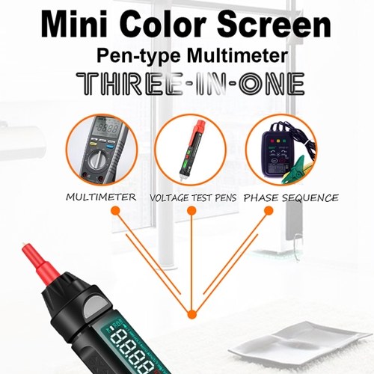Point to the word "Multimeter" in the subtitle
click(238, 55)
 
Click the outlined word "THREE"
click(129, 84)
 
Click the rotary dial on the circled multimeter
click(99, 159)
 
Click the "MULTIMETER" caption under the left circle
click(101, 197)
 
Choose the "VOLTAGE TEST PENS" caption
click(193, 198)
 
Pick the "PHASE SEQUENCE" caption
click(291, 198)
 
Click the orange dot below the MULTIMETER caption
click(115, 211)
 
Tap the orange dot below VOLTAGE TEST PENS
click(191, 211)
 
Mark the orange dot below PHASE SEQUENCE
click(269, 211)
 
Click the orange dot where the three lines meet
click(191, 314)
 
